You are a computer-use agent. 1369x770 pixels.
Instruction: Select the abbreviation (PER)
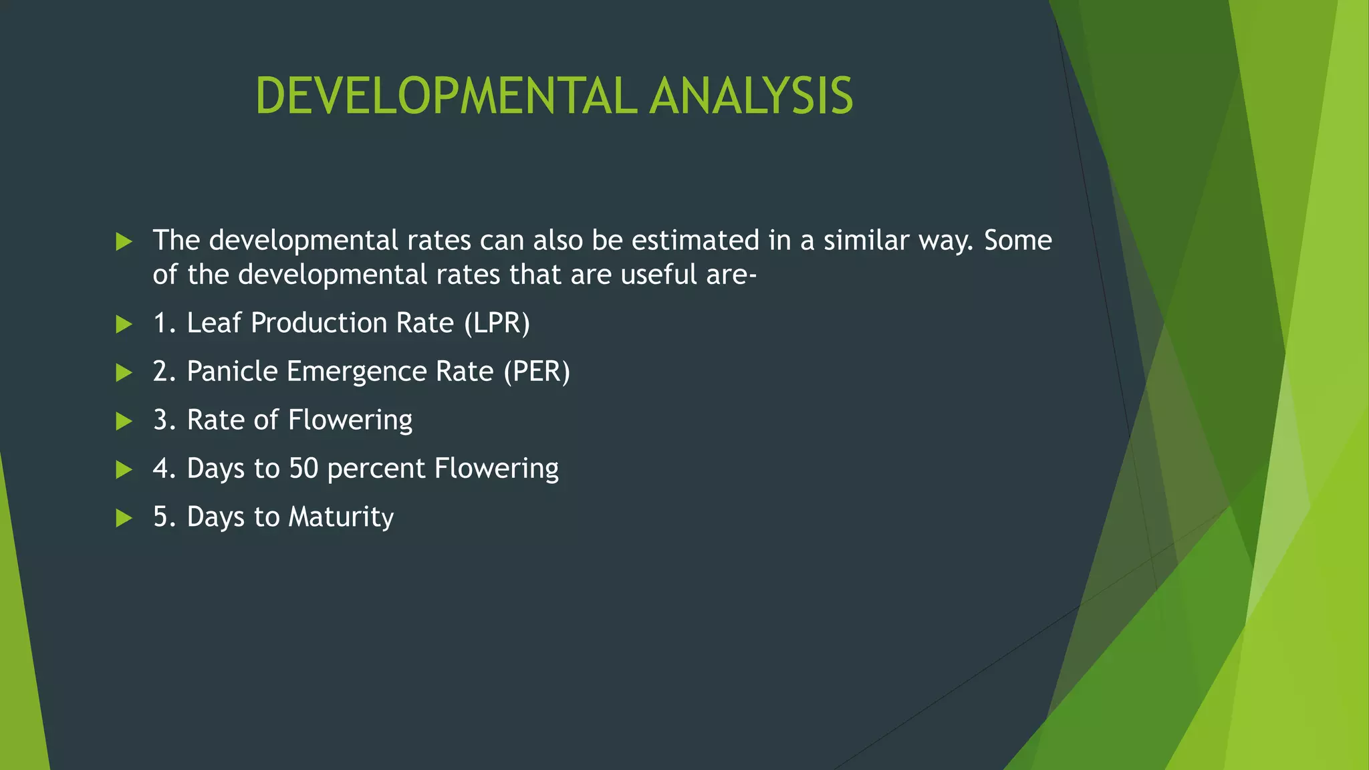click(537, 372)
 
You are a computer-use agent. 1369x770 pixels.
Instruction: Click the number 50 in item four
click(303, 469)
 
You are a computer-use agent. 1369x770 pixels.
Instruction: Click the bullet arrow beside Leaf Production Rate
click(124, 324)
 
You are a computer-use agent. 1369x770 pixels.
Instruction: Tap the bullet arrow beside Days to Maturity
click(124, 518)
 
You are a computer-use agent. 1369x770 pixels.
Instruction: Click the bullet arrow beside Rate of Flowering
click(124, 421)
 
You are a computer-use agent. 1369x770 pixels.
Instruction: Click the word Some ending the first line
click(1017, 241)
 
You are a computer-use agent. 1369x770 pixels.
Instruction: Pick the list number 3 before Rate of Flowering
click(160, 420)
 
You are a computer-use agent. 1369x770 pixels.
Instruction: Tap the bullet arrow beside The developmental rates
click(124, 241)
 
